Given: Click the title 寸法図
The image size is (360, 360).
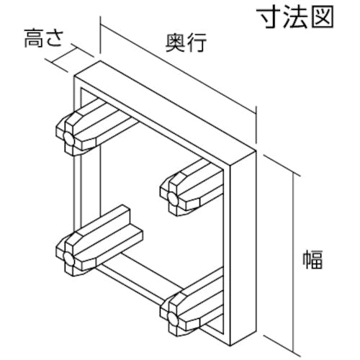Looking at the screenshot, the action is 295,17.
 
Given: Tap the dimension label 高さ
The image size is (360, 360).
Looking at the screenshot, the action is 44,38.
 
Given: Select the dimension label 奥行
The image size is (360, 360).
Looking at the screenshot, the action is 186,42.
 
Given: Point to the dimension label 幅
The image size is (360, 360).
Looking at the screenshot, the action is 312,259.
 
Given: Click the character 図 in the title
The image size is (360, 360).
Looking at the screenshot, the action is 323,17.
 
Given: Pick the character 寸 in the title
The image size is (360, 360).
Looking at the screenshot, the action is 269,17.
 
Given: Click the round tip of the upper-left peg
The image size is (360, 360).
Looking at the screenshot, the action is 68,138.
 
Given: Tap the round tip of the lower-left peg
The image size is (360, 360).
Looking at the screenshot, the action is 68,258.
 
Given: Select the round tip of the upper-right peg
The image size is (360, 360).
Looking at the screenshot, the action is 173,198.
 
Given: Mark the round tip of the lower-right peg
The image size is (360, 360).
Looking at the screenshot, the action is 173,318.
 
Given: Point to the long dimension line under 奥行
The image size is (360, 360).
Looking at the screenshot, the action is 179,68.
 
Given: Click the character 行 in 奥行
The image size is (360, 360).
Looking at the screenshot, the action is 197,42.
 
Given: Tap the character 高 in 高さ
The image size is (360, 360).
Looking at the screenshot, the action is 34,38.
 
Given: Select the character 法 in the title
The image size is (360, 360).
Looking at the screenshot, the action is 296,17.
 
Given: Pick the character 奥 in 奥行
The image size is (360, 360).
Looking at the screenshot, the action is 176,42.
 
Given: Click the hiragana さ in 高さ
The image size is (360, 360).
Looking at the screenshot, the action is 55,39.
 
